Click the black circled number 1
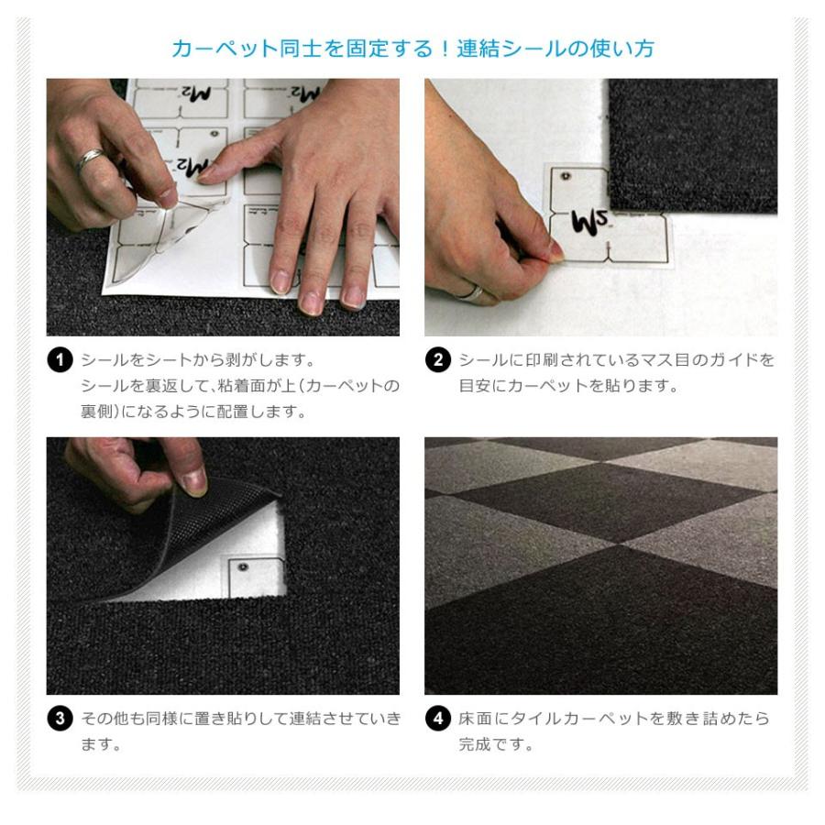(x=60, y=360)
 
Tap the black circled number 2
(x=438, y=360)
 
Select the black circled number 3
(x=60, y=718)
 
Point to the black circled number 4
(x=438, y=718)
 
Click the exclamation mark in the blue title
(x=445, y=49)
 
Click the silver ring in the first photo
(x=90, y=159)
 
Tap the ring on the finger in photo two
(x=474, y=292)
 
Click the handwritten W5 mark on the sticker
(x=589, y=221)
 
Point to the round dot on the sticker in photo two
(x=566, y=176)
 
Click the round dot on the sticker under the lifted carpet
(x=243, y=567)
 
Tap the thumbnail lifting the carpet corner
(x=194, y=481)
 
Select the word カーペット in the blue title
(x=225, y=49)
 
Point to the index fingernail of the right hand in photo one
(x=207, y=172)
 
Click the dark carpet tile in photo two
(x=693, y=145)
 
